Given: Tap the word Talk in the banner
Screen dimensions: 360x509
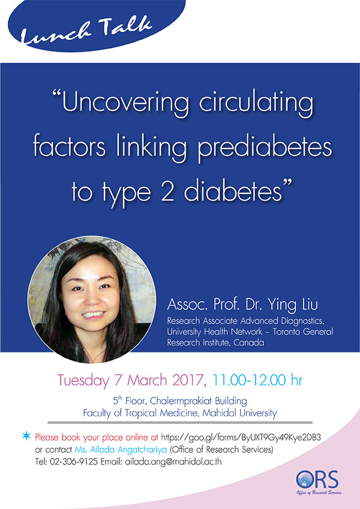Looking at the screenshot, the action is pyautogui.click(x=125, y=26).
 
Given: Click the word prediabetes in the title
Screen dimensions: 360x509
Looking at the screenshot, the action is pyautogui.click(x=265, y=148).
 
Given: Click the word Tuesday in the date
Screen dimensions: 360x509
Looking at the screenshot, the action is pyautogui.click(x=83, y=381).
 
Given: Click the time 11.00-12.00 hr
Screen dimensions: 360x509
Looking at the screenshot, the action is pyautogui.click(x=257, y=380).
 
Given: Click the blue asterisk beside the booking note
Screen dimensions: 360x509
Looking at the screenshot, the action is pyautogui.click(x=26, y=436).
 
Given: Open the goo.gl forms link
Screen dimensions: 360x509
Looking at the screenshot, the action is pyautogui.click(x=241, y=438).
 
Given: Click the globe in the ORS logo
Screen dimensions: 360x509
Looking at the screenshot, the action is pyautogui.click(x=305, y=480).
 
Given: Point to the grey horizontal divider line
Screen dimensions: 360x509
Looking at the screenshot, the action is pyautogui.click(x=180, y=423).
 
